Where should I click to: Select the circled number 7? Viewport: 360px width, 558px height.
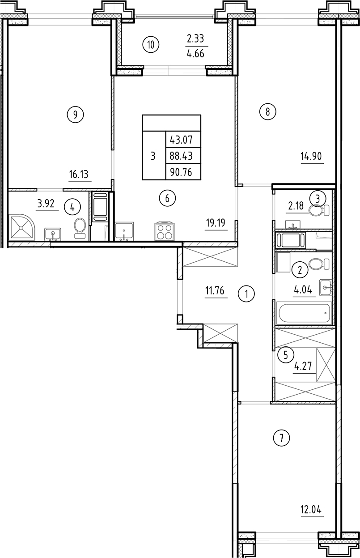[282, 438]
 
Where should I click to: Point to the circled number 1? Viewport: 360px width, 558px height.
[246, 294]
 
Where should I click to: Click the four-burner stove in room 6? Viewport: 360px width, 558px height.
[164, 231]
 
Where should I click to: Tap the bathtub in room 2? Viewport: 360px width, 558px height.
[303, 314]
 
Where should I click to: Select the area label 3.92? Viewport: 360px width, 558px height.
[47, 204]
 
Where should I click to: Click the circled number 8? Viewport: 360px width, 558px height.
[267, 112]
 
